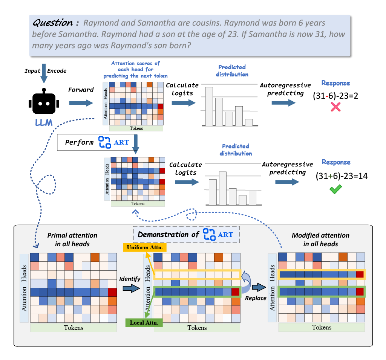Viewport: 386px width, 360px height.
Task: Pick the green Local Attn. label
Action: coord(144,322)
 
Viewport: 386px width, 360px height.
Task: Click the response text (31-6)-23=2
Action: coord(335,96)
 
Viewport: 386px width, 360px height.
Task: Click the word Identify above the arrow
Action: coord(130,279)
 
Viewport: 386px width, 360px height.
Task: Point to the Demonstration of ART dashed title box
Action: coord(187,235)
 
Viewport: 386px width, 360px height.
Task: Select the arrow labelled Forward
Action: coord(81,102)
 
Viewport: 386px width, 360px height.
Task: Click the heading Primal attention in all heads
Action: coord(72,239)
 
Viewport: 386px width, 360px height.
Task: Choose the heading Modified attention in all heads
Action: coord(320,239)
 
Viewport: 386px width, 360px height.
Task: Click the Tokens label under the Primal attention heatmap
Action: coord(74,327)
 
